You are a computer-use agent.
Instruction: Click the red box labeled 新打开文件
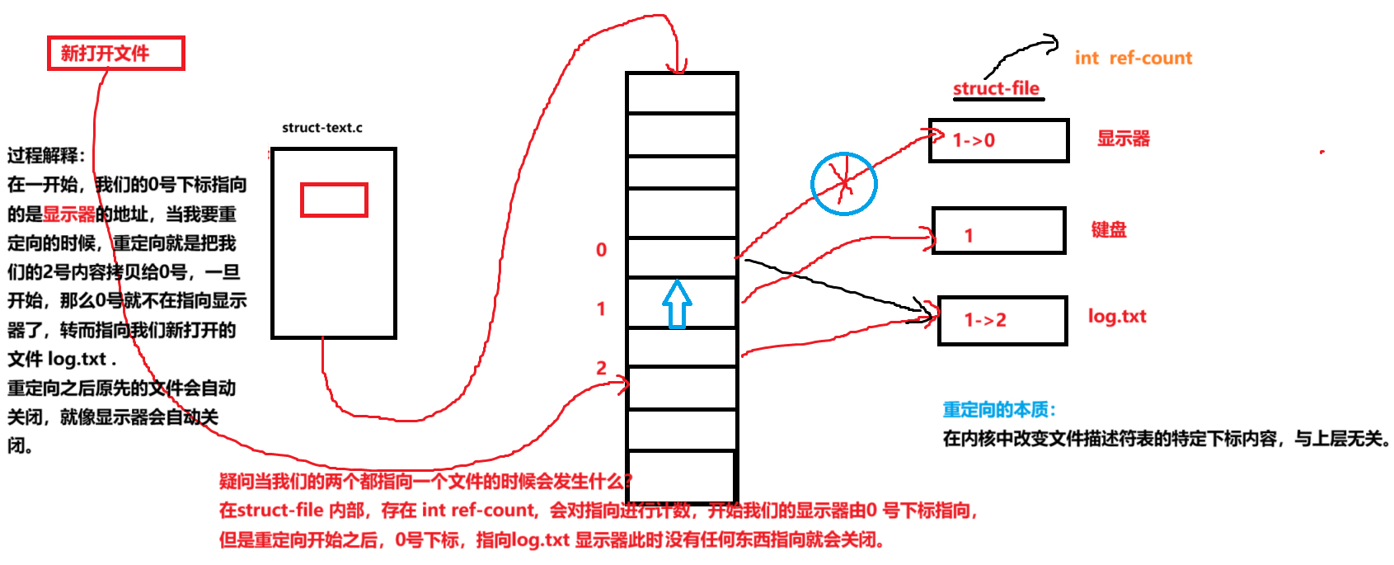pos(115,54)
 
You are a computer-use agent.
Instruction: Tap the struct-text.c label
pos(322,128)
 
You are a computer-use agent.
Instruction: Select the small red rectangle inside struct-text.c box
pos(334,200)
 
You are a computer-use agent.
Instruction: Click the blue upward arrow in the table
pos(677,304)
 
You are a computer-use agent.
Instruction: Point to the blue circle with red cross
pos(843,183)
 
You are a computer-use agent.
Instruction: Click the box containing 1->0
pos(998,140)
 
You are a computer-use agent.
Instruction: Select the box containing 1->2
pos(1002,320)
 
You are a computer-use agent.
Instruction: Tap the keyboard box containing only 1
pos(998,231)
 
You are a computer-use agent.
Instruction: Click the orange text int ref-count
pos(1133,58)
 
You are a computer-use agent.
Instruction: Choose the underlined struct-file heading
pos(996,88)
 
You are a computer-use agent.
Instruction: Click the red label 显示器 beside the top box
pos(1123,139)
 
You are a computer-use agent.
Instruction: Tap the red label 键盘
pos(1108,229)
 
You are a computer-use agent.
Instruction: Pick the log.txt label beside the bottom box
pos(1116,317)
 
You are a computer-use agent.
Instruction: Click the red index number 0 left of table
pos(601,250)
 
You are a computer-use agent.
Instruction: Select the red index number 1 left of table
pos(601,308)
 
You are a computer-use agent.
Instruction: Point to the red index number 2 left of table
pos(601,368)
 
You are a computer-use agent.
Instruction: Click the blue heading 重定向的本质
pos(998,410)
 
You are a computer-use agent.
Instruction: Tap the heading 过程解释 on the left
pos(46,155)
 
